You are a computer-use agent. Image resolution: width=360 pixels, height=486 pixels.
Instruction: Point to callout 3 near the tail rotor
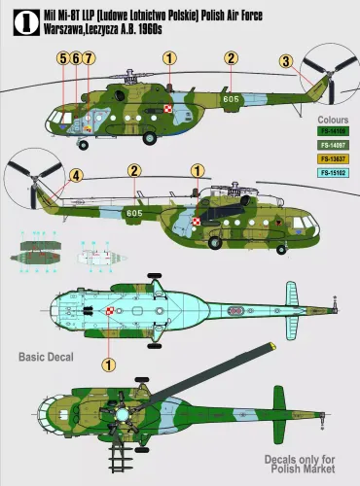click(285, 62)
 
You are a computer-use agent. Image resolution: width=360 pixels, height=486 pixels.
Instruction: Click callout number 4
click(76, 176)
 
